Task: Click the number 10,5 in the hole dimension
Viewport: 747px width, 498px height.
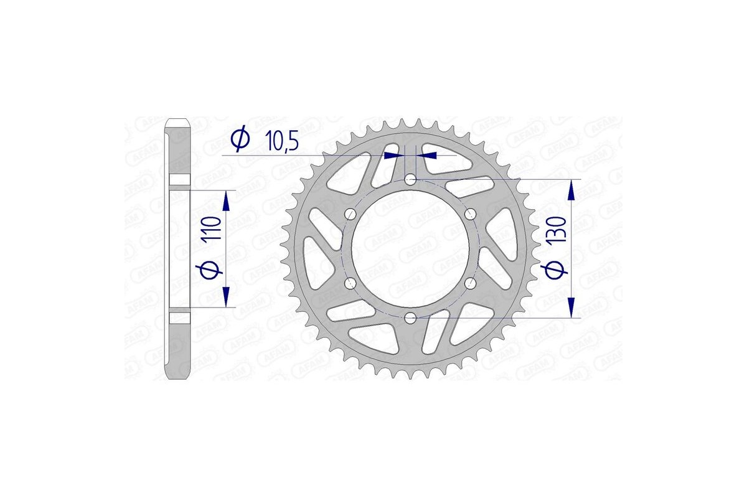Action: [x=283, y=141]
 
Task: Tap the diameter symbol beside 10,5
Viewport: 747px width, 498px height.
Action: [x=240, y=140]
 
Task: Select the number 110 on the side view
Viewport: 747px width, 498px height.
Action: [x=212, y=229]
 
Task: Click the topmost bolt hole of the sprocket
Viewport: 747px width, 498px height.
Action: [x=410, y=180]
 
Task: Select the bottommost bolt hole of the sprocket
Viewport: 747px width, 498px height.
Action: [x=410, y=318]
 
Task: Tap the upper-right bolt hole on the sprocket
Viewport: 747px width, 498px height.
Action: [x=470, y=214]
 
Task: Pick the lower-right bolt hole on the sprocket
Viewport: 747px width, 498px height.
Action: [x=470, y=284]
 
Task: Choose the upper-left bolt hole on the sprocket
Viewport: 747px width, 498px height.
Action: [x=350, y=214]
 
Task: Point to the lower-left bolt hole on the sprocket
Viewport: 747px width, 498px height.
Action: [x=350, y=284]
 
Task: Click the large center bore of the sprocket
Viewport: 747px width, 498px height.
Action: [x=410, y=249]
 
